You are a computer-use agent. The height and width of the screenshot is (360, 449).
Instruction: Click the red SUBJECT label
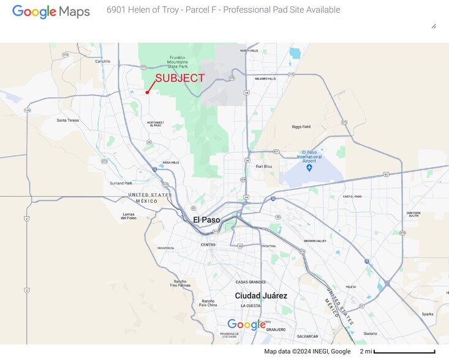click(179, 78)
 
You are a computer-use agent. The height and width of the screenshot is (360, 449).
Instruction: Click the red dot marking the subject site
click(148, 92)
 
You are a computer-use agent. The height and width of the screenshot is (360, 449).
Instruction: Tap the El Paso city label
click(206, 220)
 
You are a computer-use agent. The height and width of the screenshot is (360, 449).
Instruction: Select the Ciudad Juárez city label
click(261, 296)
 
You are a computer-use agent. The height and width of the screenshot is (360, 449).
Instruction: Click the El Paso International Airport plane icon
click(309, 167)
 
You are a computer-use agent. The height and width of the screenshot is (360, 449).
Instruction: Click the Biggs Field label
click(301, 127)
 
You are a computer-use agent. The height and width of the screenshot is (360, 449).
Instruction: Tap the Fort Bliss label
click(264, 167)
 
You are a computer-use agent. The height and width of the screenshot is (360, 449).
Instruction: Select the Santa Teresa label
click(68, 120)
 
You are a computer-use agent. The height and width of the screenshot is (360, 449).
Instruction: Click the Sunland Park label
click(120, 183)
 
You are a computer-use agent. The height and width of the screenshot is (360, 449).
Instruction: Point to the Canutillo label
click(102, 61)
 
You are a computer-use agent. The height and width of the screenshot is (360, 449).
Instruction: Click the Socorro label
click(370, 333)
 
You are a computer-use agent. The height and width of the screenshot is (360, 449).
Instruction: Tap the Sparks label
click(427, 314)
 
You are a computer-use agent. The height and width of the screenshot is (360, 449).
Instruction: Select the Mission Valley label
click(315, 241)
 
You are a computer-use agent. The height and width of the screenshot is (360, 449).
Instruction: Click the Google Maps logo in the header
click(51, 11)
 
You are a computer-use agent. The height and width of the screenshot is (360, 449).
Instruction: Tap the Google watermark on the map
click(246, 324)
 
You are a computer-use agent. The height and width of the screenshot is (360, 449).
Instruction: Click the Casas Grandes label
click(251, 282)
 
